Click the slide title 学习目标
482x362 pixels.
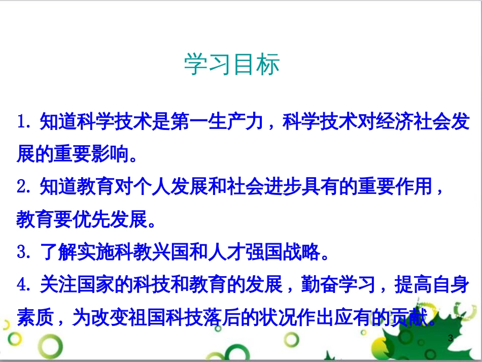tap(231, 65)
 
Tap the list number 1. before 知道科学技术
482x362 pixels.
tap(25, 122)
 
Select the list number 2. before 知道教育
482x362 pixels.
tap(25, 187)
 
